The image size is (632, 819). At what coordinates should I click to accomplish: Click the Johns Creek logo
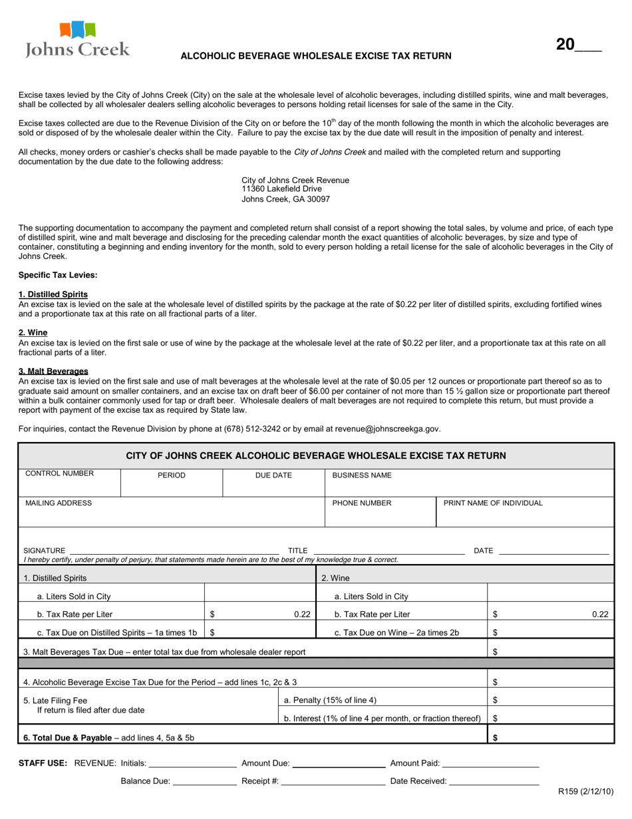coord(77,39)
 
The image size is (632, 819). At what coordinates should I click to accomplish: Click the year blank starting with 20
coord(579,45)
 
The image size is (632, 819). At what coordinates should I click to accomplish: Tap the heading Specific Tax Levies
coord(58,275)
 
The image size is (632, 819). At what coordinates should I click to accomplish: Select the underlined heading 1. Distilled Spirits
coord(53,294)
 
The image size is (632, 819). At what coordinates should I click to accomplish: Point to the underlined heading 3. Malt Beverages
coord(53,371)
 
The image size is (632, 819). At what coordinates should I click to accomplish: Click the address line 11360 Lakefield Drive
coord(281,189)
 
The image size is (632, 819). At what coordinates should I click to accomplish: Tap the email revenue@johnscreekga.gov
coord(387,429)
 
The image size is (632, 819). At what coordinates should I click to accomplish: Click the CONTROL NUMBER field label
coord(60,474)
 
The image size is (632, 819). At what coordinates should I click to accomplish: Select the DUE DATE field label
coord(273,475)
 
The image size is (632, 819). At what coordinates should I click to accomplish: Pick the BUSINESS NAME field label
coord(362,475)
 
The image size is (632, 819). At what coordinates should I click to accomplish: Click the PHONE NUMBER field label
coord(362,503)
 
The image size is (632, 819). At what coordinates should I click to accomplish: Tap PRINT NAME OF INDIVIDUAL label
coord(493,503)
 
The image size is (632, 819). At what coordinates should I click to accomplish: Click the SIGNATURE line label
coord(45,551)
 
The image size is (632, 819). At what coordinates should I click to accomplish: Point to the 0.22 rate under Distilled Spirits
coord(302,615)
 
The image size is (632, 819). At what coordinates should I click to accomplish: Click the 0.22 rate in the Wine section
coord(600,615)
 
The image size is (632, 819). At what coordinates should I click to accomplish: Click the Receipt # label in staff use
coord(260,781)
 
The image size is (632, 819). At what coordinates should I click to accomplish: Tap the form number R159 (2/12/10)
coord(585,792)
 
